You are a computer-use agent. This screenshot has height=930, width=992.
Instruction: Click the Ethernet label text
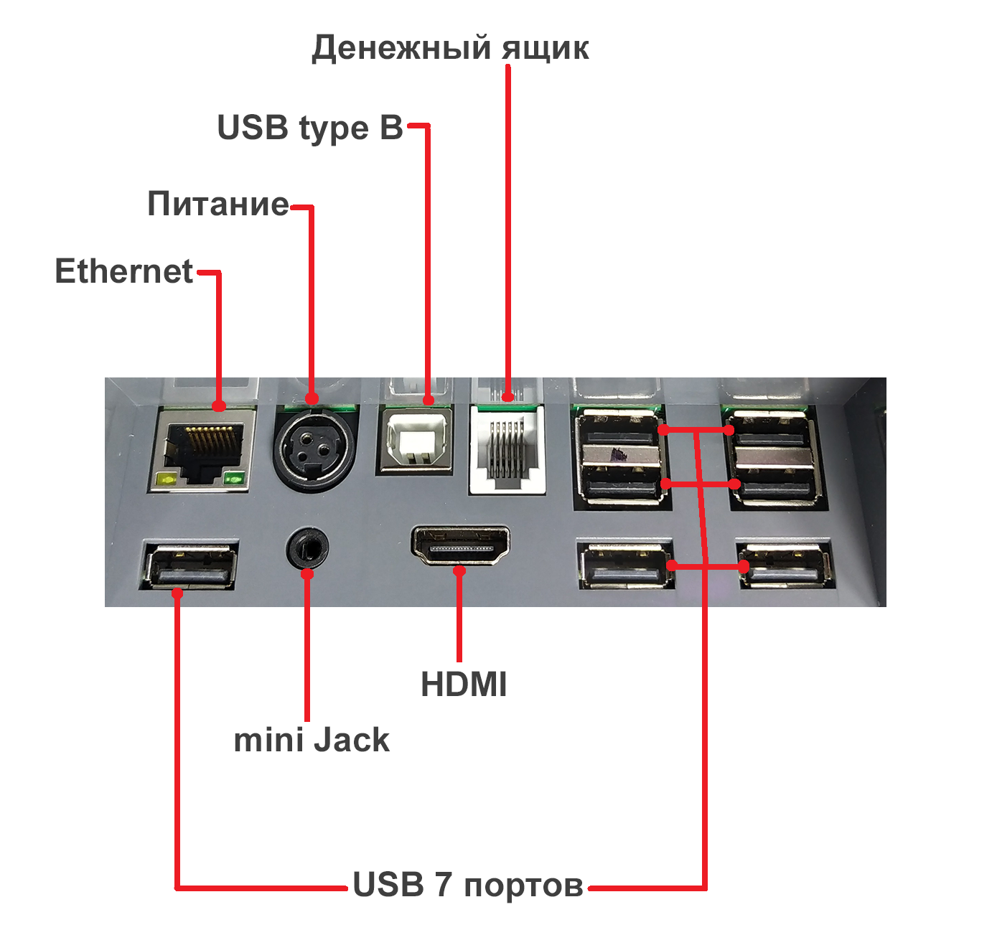124,272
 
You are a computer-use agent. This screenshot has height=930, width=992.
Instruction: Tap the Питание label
218,205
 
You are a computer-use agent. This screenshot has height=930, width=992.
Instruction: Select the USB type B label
310,128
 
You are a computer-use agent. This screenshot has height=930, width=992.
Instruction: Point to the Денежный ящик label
450,48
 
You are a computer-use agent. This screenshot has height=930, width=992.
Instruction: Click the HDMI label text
464,685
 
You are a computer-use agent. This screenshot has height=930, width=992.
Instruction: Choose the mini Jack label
312,741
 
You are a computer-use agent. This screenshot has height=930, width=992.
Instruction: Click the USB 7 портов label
467,885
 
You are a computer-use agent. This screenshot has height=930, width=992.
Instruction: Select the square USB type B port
416,441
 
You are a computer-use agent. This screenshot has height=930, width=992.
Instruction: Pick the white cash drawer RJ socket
507,450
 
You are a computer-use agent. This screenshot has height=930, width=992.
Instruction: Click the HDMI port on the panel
460,546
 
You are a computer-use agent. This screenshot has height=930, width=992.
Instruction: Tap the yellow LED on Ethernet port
169,479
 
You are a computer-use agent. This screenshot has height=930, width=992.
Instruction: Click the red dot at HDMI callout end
459,571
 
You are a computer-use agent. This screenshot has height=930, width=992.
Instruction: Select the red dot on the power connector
312,398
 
